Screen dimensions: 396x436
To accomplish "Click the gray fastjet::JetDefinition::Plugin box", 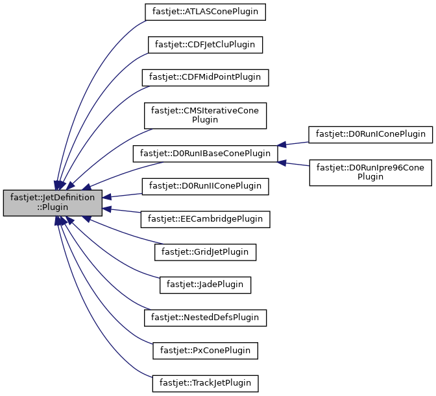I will pyautogui.click(x=53, y=203).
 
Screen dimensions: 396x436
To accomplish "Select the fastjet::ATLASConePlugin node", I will pyautogui.click(x=205, y=12).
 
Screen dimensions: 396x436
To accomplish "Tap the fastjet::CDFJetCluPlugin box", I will pyautogui.click(x=205, y=45).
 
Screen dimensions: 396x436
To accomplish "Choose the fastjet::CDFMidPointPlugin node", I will pyautogui.click(x=205, y=77).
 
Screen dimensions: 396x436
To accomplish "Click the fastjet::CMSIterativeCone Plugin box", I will pyautogui.click(x=205, y=115).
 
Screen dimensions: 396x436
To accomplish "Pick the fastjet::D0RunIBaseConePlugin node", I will pyautogui.click(x=205, y=154).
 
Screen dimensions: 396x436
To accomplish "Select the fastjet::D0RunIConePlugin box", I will pyautogui.click(x=370, y=135).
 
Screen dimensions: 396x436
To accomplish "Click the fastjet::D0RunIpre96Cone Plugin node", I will pyautogui.click(x=370, y=172).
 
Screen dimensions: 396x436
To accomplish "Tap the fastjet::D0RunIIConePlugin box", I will pyautogui.click(x=205, y=186).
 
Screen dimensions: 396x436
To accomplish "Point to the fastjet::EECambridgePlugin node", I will pyautogui.click(x=205, y=219).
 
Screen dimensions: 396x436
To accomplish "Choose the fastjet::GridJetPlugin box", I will pyautogui.click(x=205, y=251).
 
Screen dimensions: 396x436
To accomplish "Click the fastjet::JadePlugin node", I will pyautogui.click(x=205, y=285).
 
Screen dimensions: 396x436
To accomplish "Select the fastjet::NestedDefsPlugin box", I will pyautogui.click(x=205, y=318).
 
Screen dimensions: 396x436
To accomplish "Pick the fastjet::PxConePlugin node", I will pyautogui.click(x=205, y=350).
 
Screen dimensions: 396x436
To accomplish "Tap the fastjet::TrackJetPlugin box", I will pyautogui.click(x=205, y=383).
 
